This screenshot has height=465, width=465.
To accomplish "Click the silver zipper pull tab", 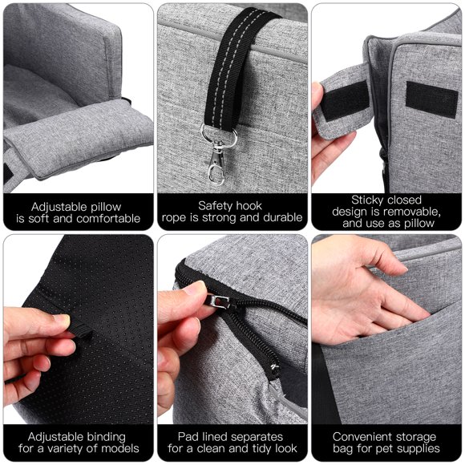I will (x=219, y=301).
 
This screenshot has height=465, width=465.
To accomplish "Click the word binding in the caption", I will (x=104, y=437).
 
